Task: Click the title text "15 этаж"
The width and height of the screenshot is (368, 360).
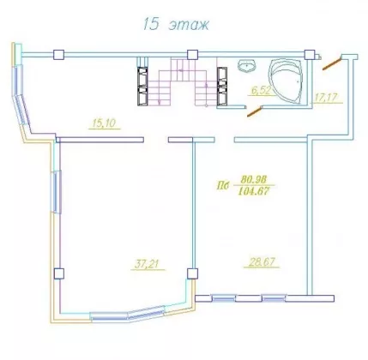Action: coord(176,24)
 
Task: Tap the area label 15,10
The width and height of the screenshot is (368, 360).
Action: coord(104,123)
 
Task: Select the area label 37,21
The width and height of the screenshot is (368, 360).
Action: coord(147,264)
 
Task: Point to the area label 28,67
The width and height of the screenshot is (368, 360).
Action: coord(262,262)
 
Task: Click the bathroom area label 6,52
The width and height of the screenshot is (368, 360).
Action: coord(261,90)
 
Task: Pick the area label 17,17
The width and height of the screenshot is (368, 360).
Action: coord(326,98)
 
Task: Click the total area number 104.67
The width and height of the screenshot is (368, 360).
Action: coord(254,191)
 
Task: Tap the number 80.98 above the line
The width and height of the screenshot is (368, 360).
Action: coord(254,180)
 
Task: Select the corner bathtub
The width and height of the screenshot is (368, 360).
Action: coord(286,81)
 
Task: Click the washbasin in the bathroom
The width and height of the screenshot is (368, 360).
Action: coord(246,65)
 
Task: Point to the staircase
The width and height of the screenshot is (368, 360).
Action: coord(182,81)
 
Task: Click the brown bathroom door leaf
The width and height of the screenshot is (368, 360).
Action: coord(255,111)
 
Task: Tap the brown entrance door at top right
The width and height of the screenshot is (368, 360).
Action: coord(332,63)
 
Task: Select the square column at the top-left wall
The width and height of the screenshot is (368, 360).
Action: coord(58,54)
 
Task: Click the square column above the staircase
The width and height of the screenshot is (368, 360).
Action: coord(192,54)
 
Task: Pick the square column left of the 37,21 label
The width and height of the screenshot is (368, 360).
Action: coord(58,273)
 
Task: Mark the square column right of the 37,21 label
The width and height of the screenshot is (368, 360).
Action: coord(192,273)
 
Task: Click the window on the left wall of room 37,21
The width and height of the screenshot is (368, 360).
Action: coord(56,192)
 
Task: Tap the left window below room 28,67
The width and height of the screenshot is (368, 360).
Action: coord(224,298)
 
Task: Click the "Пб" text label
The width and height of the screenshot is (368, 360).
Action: coord(223,186)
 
